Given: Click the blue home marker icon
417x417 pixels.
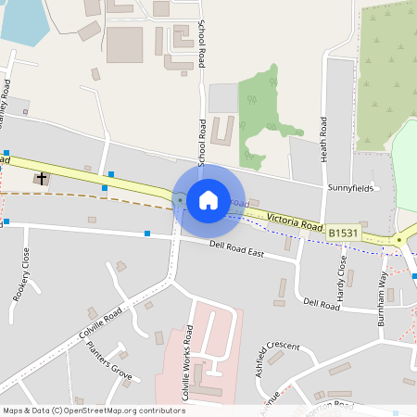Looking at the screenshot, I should (208, 199).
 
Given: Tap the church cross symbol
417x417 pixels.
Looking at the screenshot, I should (42, 176).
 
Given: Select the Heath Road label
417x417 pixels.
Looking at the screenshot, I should (324, 140).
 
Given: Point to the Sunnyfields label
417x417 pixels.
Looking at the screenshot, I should (349, 187).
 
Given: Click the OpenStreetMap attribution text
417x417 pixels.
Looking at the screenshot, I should (93, 410).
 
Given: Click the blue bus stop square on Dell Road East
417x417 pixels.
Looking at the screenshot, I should (147, 234).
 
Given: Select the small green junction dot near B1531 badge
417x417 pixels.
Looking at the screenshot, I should (399, 240).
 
